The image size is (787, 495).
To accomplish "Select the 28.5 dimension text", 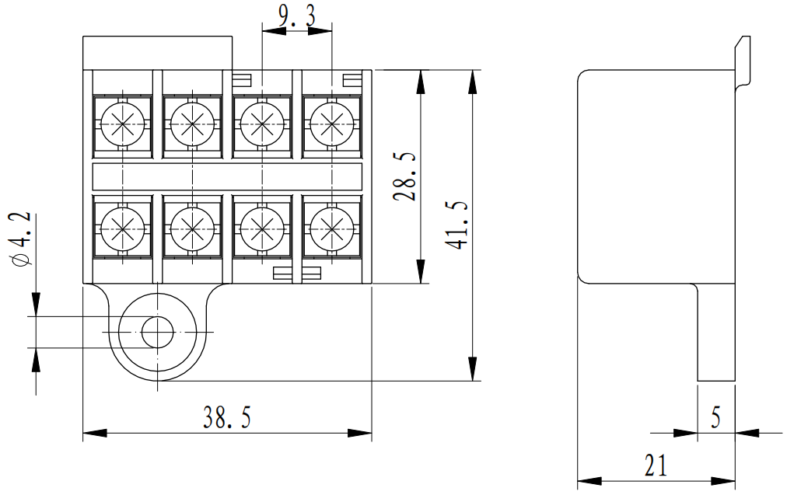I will click(404, 177).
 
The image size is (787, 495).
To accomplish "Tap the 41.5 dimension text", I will click(459, 225).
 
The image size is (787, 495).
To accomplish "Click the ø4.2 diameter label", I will click(21, 239).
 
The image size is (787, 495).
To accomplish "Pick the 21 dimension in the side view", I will click(656, 465).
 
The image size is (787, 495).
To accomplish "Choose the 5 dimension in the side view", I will click(716, 418).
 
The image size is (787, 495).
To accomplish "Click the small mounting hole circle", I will click(157, 333).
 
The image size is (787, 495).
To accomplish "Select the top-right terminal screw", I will click(332, 123).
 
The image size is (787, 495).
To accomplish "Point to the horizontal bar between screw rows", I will click(227, 176).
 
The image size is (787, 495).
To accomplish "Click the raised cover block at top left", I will click(157, 52).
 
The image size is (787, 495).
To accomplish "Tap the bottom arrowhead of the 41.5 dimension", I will click(472, 371).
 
